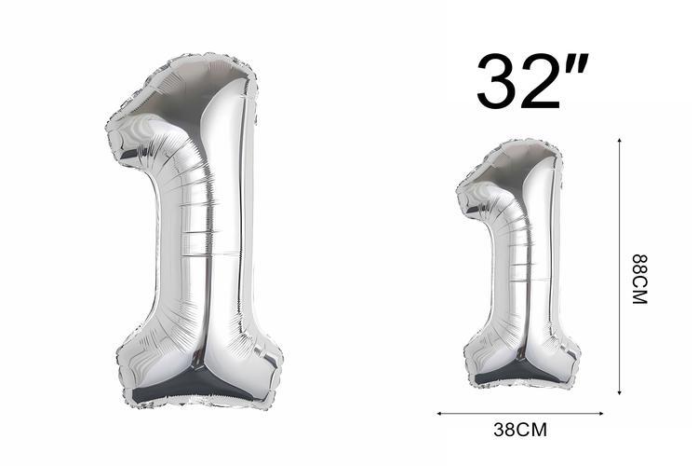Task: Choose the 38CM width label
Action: (x=520, y=430)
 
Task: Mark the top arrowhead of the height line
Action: (x=619, y=140)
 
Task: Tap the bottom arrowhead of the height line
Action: (x=619, y=392)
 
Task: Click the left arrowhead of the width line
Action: (x=439, y=414)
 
